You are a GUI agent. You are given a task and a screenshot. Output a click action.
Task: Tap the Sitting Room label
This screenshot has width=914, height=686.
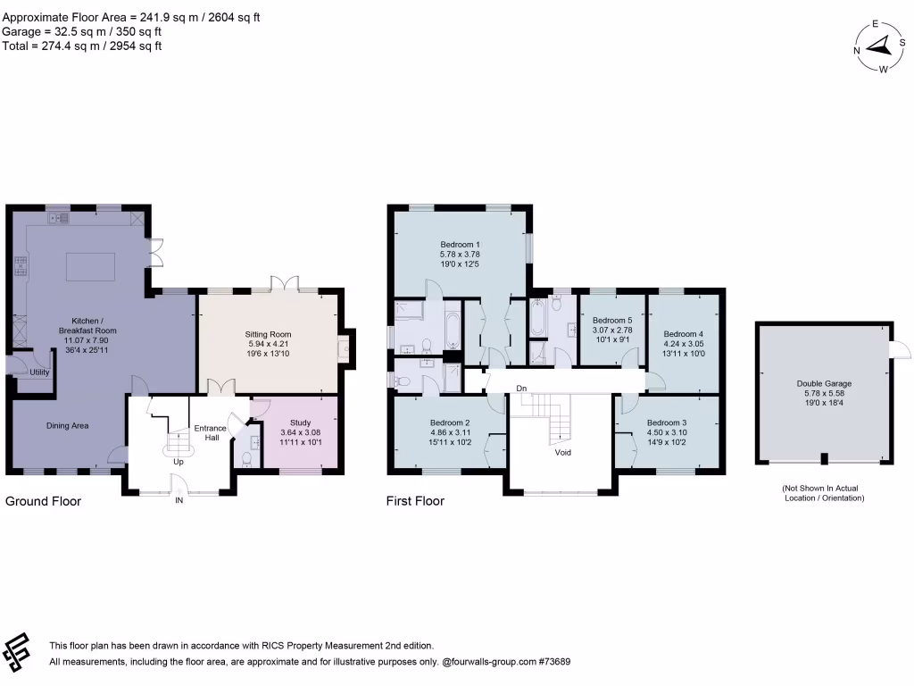(x=269, y=335)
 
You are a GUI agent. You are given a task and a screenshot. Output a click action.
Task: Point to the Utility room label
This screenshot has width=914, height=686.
(x=39, y=372)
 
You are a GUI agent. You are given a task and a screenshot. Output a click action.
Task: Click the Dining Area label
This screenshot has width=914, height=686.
(x=68, y=426)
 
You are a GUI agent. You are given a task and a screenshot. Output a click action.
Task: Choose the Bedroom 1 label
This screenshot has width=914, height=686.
(x=461, y=244)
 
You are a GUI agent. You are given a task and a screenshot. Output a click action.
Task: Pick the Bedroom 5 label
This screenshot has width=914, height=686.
(x=612, y=320)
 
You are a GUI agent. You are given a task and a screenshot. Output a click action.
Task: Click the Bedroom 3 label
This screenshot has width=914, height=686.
(x=667, y=422)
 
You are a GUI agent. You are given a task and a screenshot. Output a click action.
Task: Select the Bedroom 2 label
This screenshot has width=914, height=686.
(x=450, y=422)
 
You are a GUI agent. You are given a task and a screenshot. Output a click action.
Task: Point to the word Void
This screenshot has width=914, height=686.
(x=562, y=452)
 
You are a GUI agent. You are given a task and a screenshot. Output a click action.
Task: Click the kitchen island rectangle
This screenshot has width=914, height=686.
(x=90, y=266)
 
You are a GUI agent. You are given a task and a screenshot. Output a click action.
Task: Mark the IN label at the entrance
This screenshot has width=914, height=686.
(x=179, y=501)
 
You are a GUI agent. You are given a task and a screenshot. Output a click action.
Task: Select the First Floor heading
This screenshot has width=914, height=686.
(x=415, y=501)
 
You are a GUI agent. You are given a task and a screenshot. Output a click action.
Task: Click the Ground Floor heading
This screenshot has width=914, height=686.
(x=44, y=501)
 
